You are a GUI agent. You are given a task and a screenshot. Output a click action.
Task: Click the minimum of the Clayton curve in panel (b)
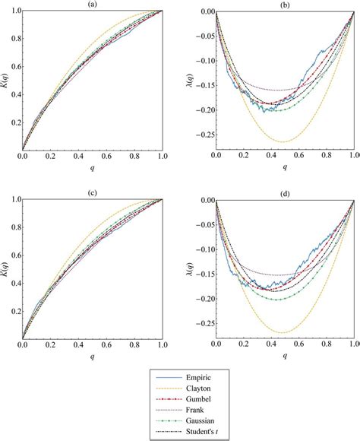283,142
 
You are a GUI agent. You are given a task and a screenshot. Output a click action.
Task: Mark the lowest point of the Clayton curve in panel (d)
283,332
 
